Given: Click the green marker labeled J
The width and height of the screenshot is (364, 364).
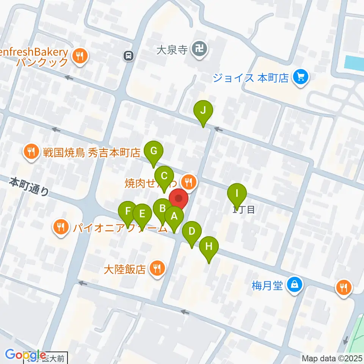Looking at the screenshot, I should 203,111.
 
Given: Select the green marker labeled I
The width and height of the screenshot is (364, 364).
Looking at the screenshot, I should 237,194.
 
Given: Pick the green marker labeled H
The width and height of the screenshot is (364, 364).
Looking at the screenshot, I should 209,247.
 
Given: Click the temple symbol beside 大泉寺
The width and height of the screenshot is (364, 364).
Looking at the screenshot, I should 199,49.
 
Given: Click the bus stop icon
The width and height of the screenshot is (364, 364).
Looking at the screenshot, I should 129,56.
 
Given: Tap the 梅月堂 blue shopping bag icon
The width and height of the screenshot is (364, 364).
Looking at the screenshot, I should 294,284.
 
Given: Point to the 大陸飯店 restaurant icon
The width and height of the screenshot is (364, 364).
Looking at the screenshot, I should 156,269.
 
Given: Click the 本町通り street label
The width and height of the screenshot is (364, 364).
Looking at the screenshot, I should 29,187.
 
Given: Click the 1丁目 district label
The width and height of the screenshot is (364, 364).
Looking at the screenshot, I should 243,209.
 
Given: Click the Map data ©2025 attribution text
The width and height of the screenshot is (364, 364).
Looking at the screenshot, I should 332,358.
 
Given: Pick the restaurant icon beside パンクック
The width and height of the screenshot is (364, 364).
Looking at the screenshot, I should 79,57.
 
